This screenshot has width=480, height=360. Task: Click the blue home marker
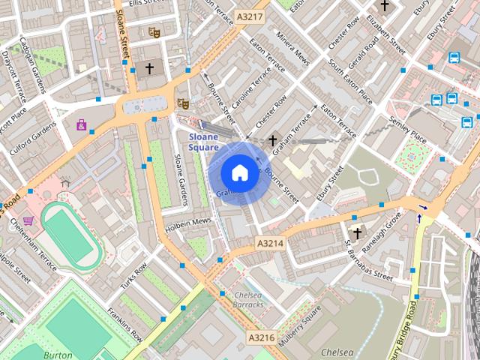point(239,172)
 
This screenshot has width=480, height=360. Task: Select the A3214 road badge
point(270,243)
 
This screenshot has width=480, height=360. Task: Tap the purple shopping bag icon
point(81,124)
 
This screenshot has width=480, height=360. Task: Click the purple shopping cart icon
point(28,220)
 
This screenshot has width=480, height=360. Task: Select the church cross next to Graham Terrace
point(272,139)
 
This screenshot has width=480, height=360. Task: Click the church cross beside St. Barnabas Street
point(357,233)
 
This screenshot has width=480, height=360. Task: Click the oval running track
point(71,235)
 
